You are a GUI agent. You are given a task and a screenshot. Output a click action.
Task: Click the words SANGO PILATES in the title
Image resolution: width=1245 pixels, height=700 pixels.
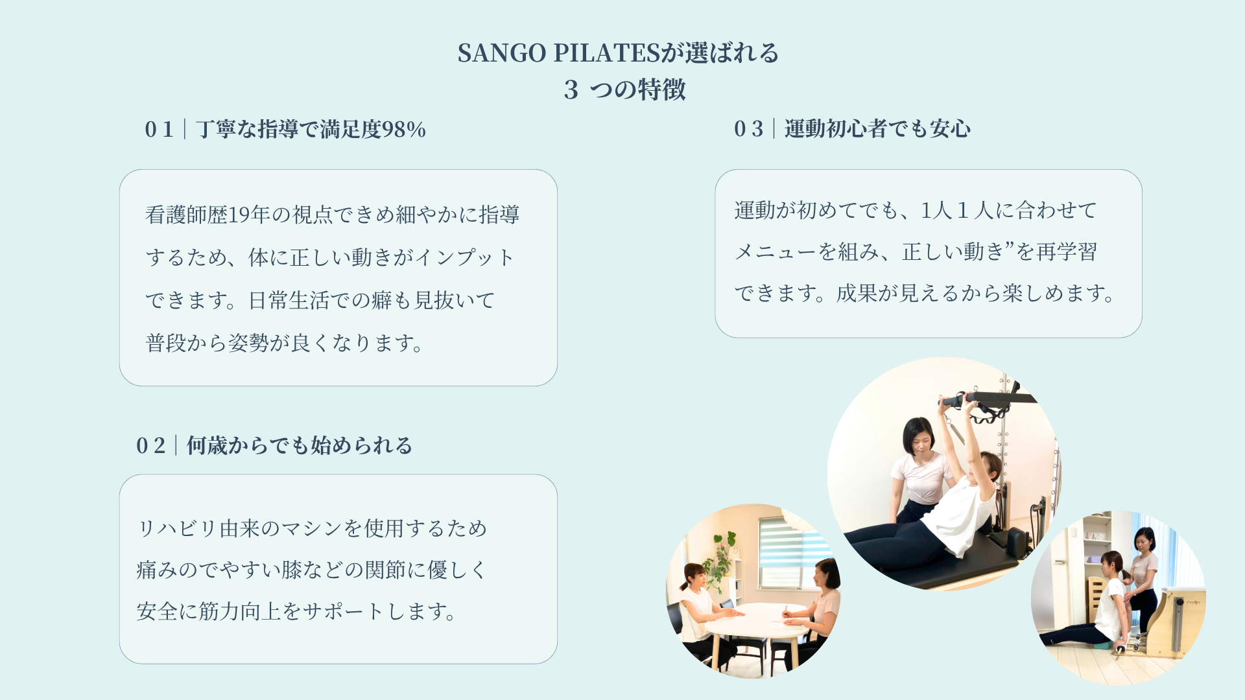[558, 53]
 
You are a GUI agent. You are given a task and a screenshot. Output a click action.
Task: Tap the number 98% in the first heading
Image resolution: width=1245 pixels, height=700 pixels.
[403, 130]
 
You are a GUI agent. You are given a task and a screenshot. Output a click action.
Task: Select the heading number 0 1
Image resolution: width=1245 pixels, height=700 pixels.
[159, 130]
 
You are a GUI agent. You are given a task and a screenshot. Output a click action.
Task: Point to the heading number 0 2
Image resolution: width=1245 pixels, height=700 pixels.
[150, 446]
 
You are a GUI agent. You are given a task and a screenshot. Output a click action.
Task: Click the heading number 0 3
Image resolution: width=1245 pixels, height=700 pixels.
[748, 129]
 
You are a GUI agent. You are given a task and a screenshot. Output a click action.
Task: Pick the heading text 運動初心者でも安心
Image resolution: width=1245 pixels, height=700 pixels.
[877, 129]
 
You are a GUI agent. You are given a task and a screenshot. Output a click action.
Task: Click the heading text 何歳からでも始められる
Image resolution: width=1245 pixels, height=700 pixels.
[300, 446]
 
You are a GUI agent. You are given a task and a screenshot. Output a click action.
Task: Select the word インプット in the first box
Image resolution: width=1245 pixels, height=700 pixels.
[464, 257]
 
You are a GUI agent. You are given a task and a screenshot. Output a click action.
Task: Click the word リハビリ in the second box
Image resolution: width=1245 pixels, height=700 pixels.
[177, 528]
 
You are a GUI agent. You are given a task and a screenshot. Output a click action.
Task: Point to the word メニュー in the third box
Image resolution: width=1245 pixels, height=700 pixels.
[775, 251]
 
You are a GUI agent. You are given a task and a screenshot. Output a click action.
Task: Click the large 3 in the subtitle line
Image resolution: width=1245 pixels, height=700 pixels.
[571, 90]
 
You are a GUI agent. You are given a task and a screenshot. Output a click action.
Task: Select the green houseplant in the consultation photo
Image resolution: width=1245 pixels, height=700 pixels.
[722, 561]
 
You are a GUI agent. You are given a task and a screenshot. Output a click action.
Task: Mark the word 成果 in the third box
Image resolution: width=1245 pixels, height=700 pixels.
[857, 293]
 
